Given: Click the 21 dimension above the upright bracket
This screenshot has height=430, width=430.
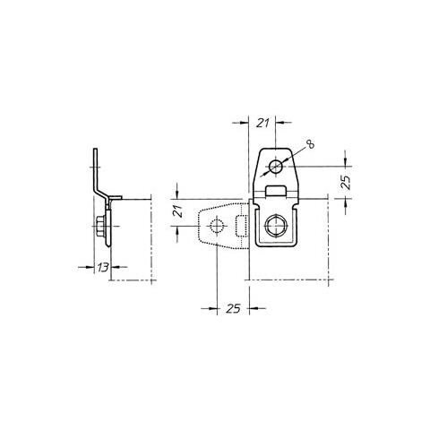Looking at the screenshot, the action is [x=262, y=123].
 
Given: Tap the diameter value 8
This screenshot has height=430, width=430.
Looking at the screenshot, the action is [x=311, y=144].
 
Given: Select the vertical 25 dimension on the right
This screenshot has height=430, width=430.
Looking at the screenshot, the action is [x=346, y=182].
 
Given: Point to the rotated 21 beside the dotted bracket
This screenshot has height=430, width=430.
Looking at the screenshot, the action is [x=178, y=211].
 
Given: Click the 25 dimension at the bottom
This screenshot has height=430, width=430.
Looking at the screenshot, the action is [x=233, y=308].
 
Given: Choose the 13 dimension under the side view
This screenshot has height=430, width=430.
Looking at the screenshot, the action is [x=102, y=268].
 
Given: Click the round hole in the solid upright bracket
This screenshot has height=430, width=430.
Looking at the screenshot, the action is [x=276, y=167].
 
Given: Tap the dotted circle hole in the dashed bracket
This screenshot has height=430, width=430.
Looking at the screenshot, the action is [x=217, y=226].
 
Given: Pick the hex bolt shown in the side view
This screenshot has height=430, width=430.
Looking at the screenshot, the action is [x=100, y=226].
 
